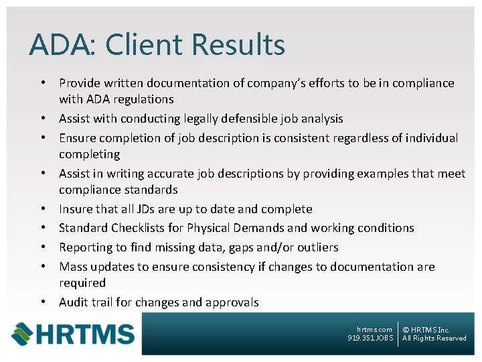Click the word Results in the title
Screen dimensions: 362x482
point(238,45)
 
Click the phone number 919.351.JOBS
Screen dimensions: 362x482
point(370,339)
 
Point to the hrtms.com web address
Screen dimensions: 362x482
point(374,329)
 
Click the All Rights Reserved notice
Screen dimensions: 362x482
point(434,339)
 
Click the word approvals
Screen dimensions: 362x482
point(230,302)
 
